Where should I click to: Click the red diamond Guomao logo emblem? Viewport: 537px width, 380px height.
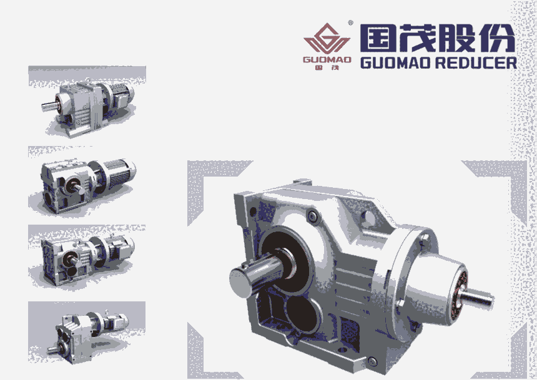point(327,38)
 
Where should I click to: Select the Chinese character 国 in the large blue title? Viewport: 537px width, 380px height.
point(377,38)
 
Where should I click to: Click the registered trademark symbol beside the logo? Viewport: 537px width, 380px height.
point(350,23)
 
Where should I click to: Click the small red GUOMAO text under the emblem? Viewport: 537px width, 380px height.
point(327,59)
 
